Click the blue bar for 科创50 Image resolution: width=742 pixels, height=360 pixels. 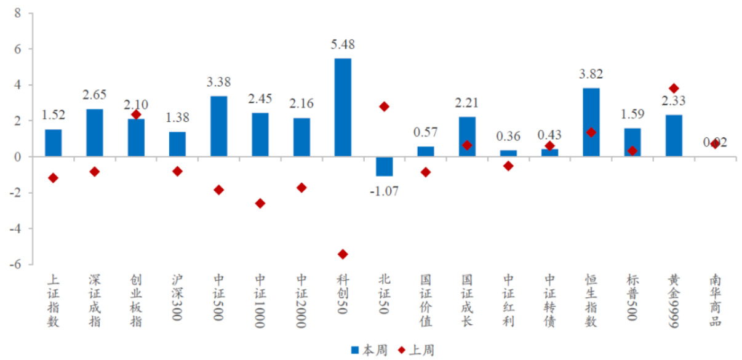[343, 108]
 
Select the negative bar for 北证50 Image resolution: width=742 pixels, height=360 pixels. [384, 167]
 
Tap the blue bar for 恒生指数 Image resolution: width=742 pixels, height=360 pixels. [591, 122]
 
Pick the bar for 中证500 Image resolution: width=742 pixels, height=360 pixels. [218, 127]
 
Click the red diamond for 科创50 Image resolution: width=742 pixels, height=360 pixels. [343, 254]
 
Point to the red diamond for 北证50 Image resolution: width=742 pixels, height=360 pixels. [384, 106]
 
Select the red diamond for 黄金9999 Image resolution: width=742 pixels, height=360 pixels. [674, 89]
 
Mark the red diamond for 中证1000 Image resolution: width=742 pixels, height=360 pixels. [260, 203]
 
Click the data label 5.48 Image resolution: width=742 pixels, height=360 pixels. [343, 44]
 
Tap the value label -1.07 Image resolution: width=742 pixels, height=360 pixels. [384, 191]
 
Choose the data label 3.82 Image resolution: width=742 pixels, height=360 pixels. [591, 74]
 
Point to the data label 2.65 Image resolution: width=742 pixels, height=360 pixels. [94, 95]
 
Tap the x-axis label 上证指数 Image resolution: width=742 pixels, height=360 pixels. [53, 300]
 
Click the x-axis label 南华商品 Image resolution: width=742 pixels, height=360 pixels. [715, 300]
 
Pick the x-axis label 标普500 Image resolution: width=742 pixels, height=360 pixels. [632, 300]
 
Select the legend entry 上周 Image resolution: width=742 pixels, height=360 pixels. [417, 350]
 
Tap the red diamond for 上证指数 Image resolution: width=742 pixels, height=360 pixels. [53, 178]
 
